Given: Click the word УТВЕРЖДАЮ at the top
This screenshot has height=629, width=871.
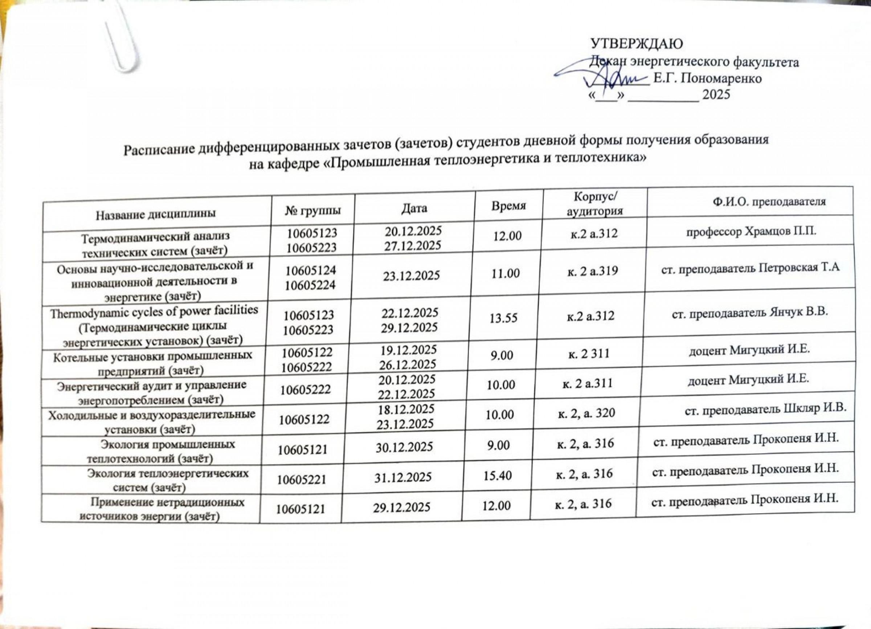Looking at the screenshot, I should (636, 44).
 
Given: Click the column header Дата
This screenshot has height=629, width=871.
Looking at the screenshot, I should (414, 208).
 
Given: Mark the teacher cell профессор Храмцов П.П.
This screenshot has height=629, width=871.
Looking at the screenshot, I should (751, 232).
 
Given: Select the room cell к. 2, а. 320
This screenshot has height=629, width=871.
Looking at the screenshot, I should (586, 413).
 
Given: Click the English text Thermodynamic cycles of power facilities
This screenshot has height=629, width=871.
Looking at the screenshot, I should (154, 312).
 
